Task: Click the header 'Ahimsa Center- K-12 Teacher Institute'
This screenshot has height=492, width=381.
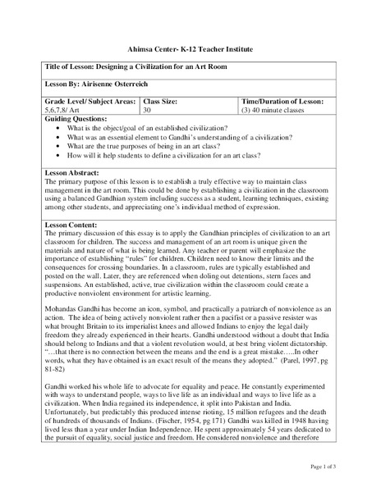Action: (x=190, y=48)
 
